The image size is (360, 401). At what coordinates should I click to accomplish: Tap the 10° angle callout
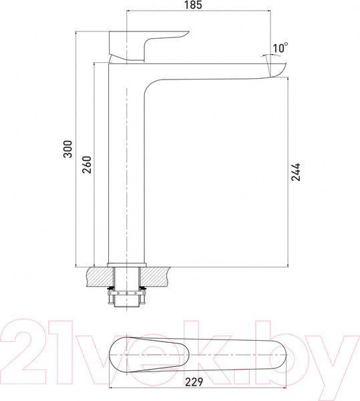coord(280,47)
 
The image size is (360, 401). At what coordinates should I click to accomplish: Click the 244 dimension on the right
coord(296,172)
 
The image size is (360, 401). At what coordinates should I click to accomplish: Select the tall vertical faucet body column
coord(126,167)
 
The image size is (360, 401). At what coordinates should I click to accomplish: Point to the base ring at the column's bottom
coord(126,263)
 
